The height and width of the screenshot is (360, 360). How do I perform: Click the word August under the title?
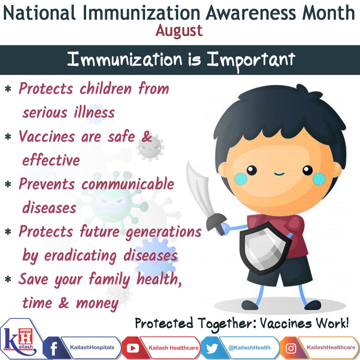coord(179,31)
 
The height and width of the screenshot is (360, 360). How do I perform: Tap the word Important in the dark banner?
coord(251,60)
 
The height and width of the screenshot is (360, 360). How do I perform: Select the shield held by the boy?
coord(264,248)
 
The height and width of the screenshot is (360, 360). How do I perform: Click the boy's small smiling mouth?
coord(279,174)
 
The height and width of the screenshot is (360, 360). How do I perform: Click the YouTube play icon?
coord(132,348)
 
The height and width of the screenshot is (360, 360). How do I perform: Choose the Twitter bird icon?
coord(212,348)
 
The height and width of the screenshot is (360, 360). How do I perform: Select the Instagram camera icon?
coord(291,348)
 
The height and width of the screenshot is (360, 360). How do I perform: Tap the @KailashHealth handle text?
coord(249,348)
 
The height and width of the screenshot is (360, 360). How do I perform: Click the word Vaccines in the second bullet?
coord(47,136)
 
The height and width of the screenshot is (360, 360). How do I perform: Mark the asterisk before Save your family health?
coord(8,279)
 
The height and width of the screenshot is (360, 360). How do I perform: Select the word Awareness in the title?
coord(251,13)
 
